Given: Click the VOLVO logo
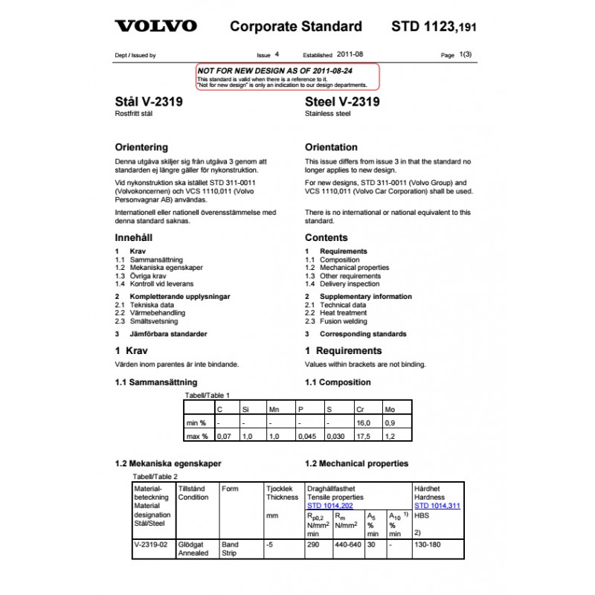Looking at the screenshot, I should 155,26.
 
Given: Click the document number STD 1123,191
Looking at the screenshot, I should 433,27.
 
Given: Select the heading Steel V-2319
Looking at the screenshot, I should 342,102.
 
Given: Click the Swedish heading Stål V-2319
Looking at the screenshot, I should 149,102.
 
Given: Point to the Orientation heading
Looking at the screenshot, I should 331,147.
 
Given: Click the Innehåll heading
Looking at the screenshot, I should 134,237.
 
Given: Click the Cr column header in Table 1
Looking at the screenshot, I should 361,409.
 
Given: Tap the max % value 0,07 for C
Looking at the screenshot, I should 223,436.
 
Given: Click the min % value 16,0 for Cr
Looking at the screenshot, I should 363,422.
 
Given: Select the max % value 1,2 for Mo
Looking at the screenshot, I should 390,436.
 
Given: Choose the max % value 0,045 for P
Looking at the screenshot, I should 307,436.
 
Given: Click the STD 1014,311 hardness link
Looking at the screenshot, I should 437,505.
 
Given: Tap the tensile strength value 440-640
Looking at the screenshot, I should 348,544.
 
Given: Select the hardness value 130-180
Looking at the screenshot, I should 428,544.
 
